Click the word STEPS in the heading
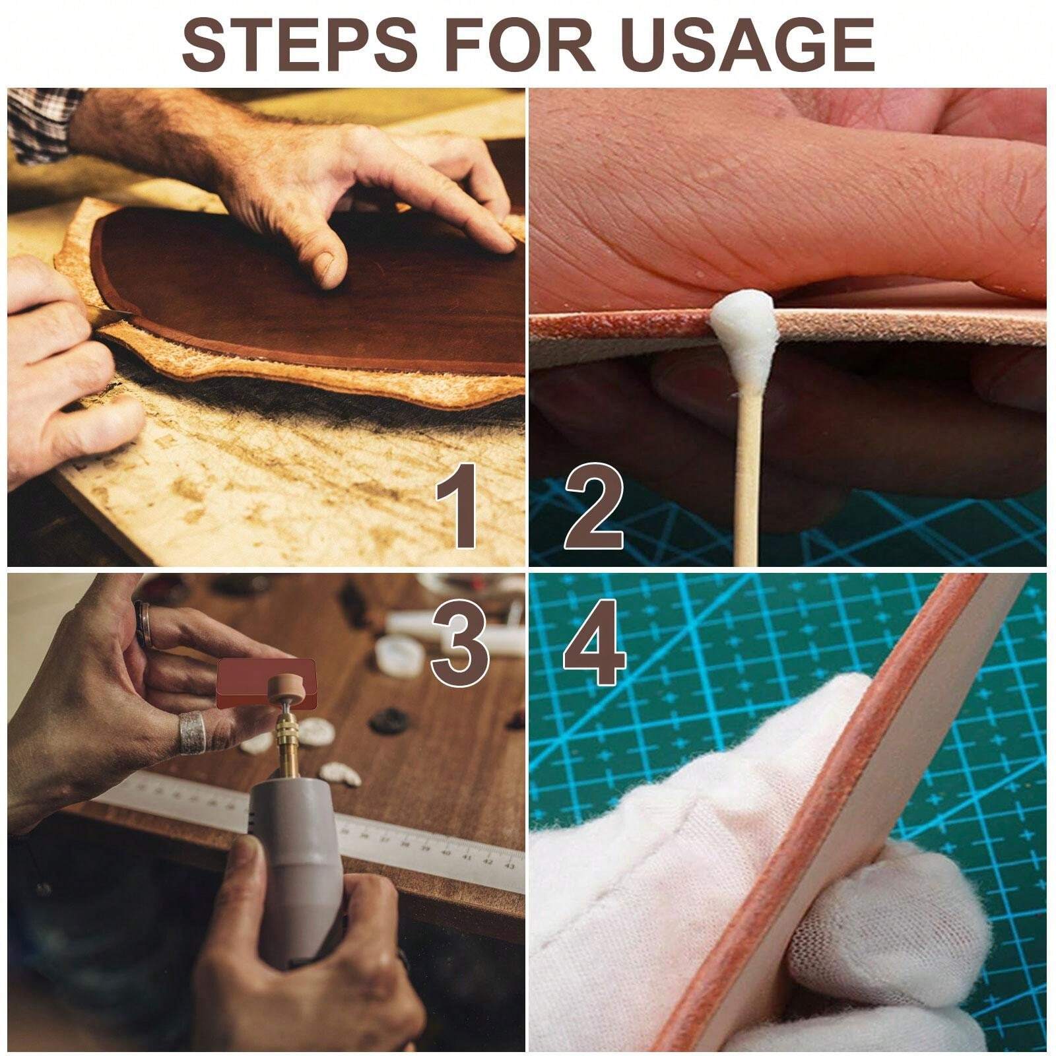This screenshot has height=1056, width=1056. [299, 44]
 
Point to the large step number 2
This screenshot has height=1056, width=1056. [593, 509]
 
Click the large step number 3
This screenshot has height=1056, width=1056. [460, 644]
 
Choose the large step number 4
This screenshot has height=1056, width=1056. [594, 643]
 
